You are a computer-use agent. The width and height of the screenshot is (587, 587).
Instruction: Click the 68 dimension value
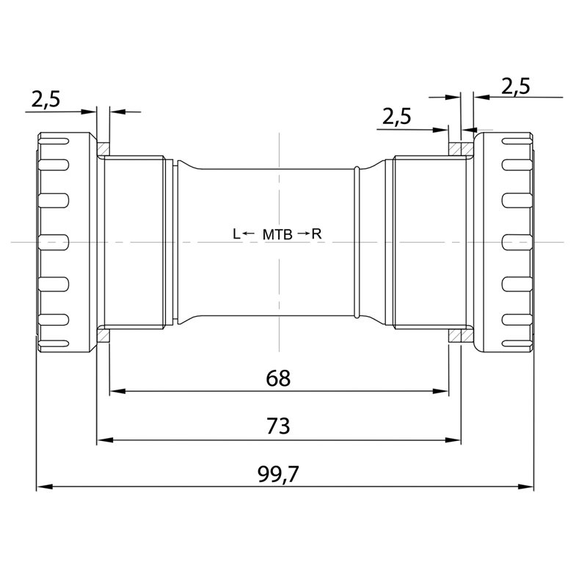coord(278,378)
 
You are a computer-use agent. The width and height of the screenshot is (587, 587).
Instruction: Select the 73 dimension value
coord(278,426)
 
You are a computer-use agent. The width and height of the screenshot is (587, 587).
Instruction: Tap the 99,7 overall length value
coord(278,474)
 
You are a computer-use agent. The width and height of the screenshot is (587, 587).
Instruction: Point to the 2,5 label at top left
coord(45,100)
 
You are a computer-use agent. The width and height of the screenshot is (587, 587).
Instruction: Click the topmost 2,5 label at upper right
coord(516,87)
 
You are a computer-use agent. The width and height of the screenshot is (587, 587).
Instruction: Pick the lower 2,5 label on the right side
coord(396,117)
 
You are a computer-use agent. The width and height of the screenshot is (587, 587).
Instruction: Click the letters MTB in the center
coord(277,234)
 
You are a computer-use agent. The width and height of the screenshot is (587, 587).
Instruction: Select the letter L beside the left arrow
coord(236,234)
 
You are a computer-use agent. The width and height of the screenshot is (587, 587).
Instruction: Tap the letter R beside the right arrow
coord(316,234)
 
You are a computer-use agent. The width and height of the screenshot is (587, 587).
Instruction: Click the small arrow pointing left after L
coord(248,234)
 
